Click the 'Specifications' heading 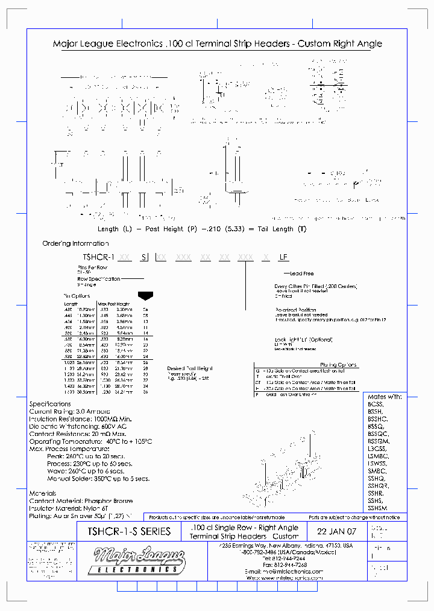50,404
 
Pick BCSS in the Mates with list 376,405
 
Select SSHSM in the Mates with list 378,508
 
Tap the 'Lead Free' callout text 302,274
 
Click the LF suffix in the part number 283,257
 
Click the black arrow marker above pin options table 145,296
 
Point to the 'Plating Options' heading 337,365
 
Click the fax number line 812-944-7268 293,565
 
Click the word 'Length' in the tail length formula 108,229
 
